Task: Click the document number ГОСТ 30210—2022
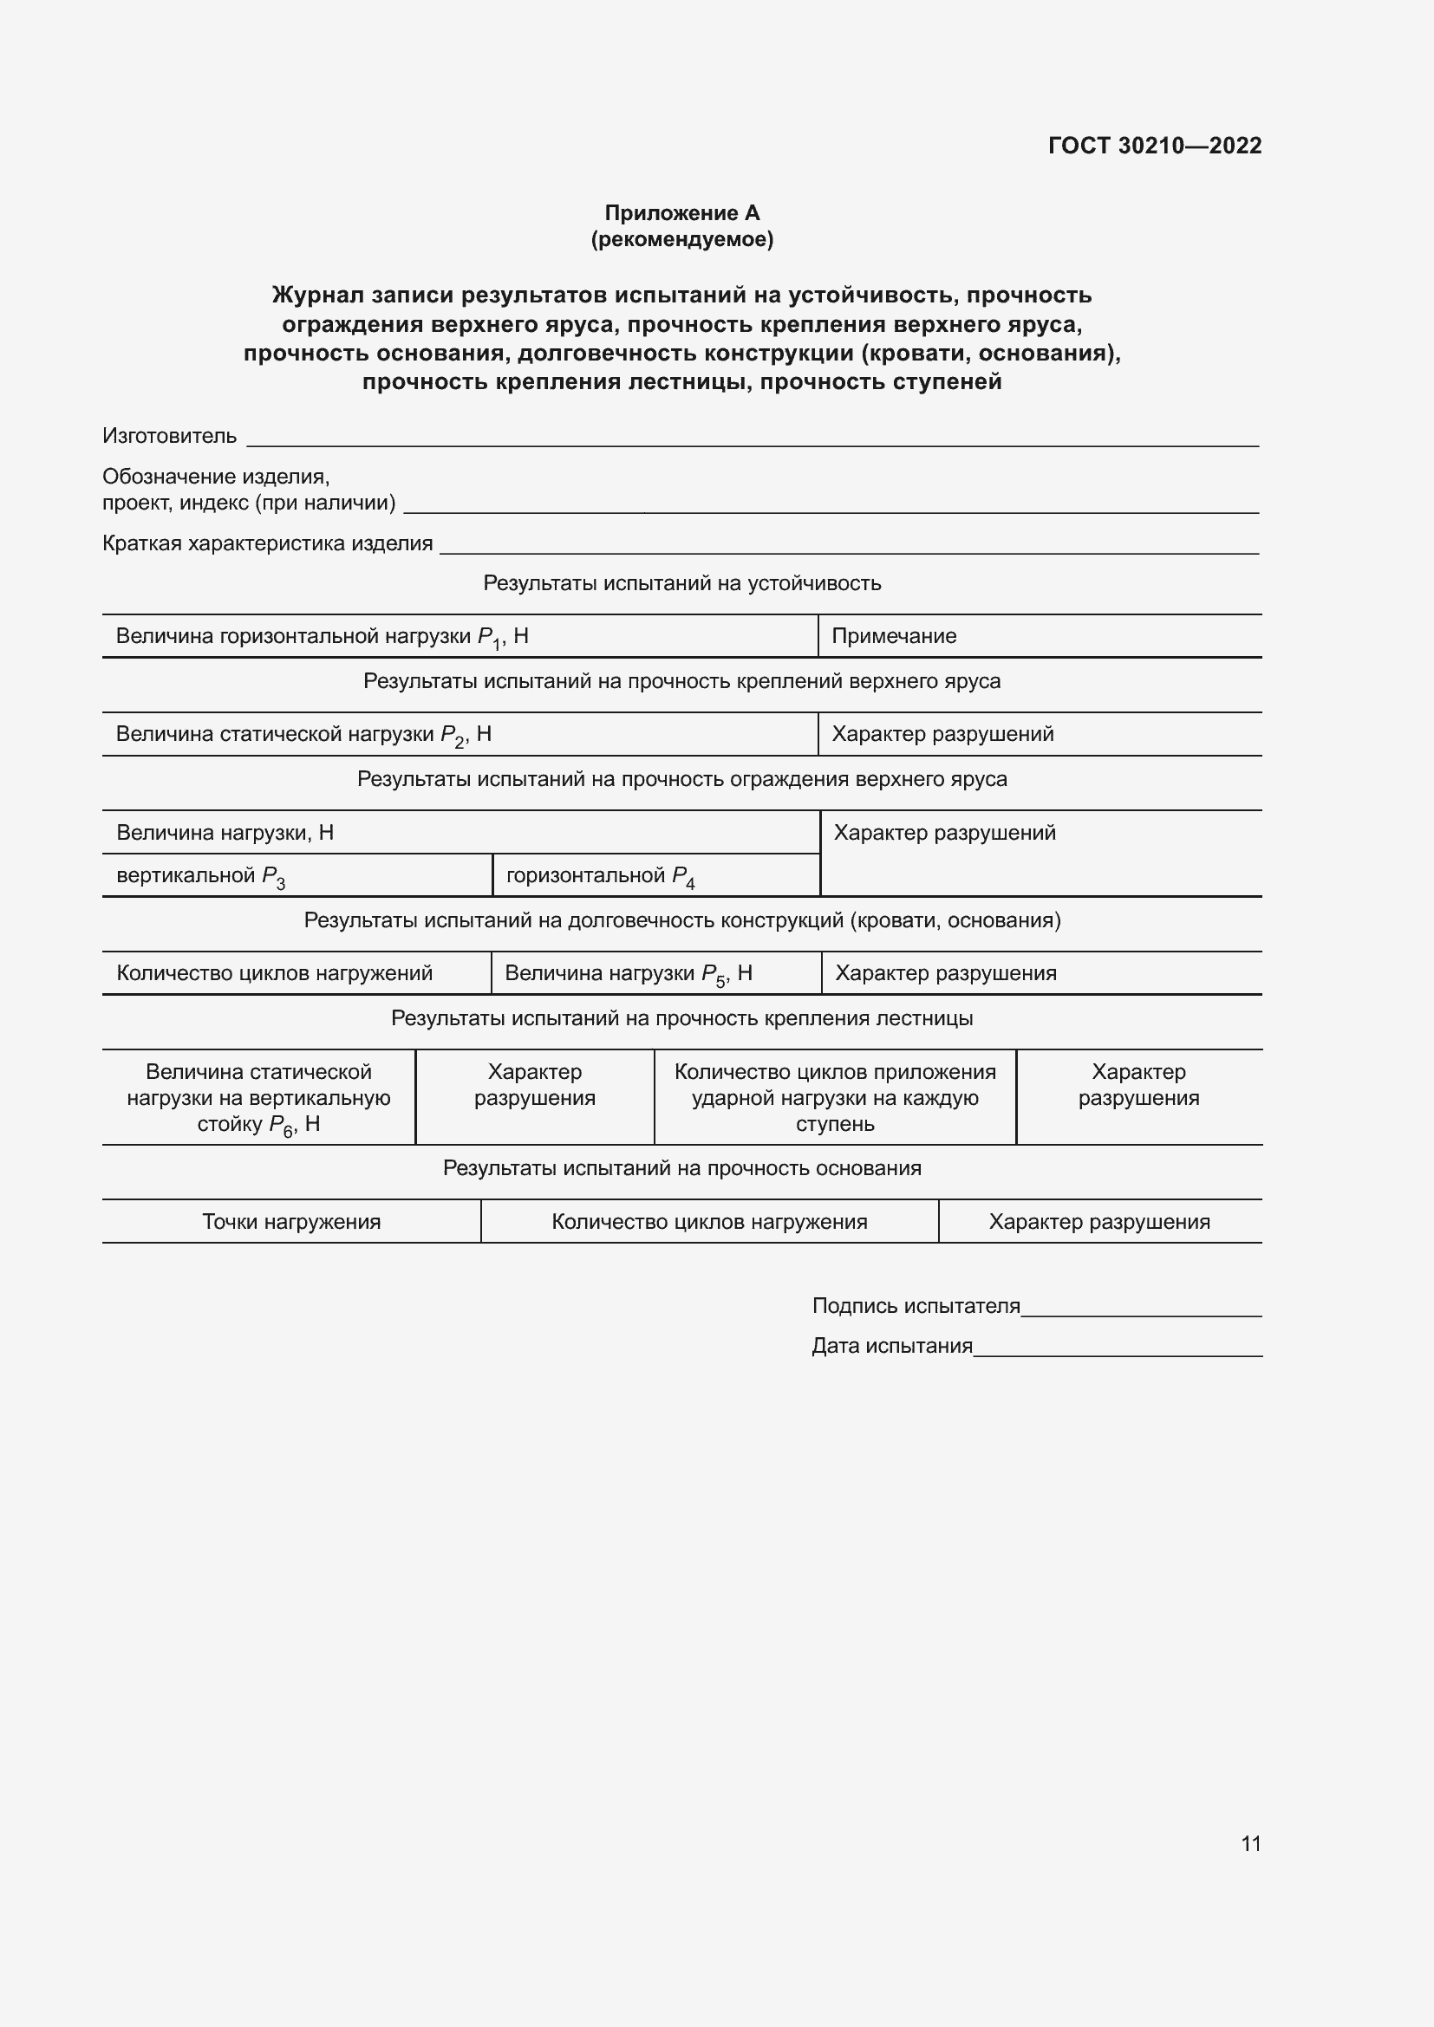point(1154,146)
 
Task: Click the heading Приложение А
point(681,213)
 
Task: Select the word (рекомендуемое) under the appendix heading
point(681,239)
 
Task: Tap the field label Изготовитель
point(170,436)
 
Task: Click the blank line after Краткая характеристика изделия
point(848,547)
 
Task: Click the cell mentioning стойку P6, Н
point(258,1098)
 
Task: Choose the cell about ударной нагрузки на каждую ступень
point(834,1098)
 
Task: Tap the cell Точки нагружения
point(291,1222)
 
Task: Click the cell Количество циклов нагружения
point(709,1222)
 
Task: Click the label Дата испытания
point(892,1347)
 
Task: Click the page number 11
point(1251,1843)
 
